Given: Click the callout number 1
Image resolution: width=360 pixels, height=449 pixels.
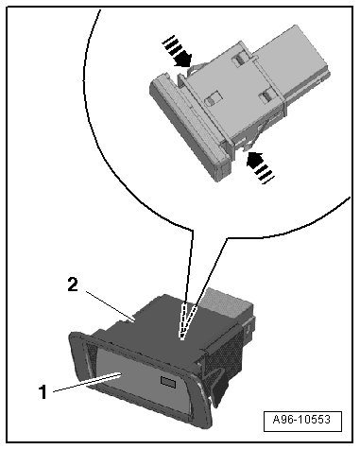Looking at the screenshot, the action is (43, 392).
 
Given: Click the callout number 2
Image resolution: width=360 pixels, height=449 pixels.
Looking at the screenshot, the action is (73, 285).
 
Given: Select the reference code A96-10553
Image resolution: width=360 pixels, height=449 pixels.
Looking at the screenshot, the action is (301, 420).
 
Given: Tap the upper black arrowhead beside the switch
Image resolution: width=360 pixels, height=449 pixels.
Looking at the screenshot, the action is (183, 60).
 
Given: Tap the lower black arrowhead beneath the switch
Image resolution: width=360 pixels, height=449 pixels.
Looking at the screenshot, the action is (255, 160).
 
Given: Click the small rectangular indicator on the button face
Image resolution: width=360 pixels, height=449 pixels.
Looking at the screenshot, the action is (168, 381).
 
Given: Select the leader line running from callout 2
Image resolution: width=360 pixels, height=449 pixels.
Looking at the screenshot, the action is (111, 306).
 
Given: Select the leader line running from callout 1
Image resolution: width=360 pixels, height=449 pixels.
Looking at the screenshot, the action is (88, 382).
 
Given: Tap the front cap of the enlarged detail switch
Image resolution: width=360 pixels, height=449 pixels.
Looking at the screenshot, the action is (189, 126).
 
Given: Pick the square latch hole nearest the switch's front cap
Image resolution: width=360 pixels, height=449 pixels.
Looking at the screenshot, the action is (212, 98).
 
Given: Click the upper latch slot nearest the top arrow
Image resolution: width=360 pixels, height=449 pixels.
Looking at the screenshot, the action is (239, 59).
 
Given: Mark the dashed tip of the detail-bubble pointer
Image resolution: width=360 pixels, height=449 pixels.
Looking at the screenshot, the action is (181, 339).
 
